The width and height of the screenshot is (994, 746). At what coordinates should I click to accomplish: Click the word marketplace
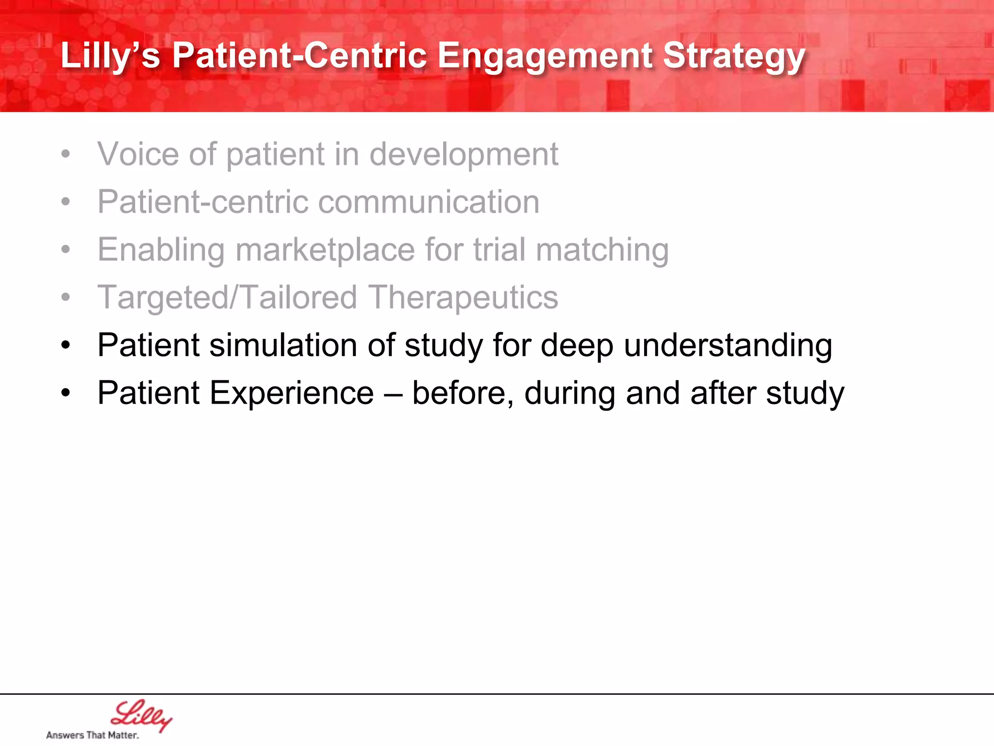[x=325, y=250]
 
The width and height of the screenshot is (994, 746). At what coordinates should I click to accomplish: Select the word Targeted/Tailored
[x=227, y=298]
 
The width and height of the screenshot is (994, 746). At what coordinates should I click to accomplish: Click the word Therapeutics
[x=463, y=298]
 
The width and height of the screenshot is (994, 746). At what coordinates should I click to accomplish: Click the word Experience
[x=291, y=393]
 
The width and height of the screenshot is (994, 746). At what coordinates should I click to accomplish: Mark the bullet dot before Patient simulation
[x=66, y=346]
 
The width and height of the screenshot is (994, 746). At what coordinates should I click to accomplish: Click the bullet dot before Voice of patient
[x=66, y=154]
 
